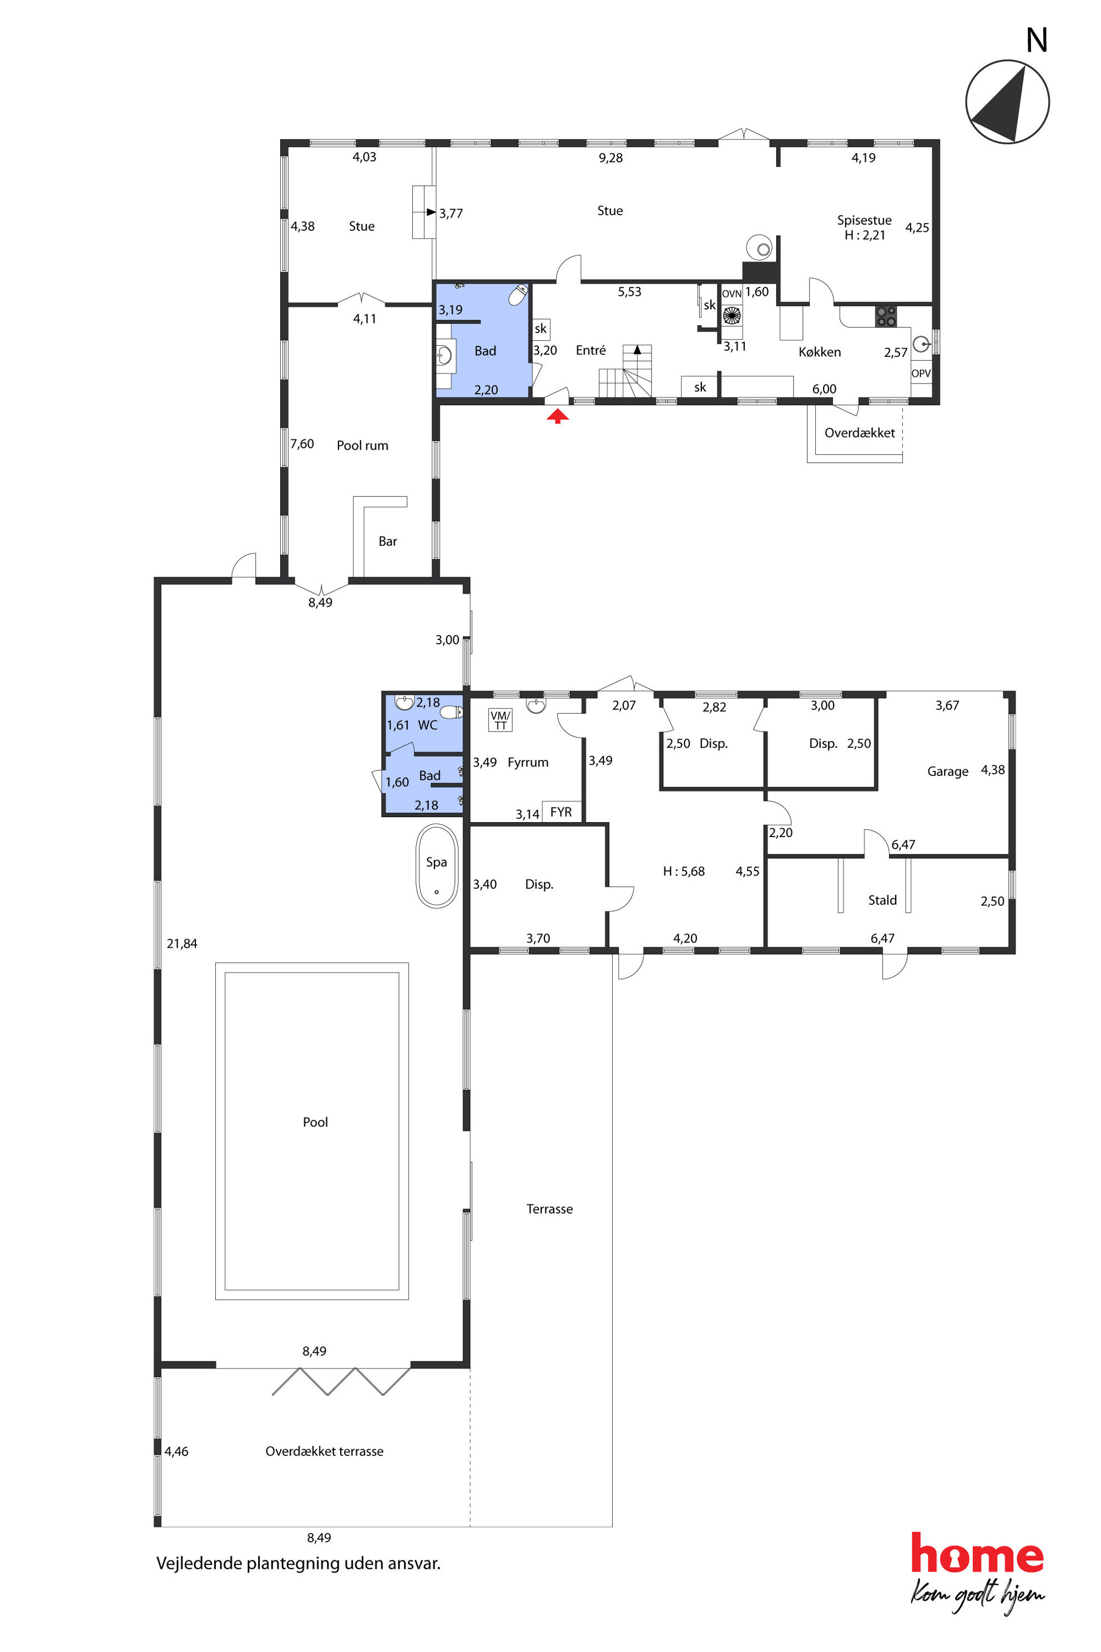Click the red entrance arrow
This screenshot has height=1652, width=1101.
(558, 416)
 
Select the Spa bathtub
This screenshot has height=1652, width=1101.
(437, 866)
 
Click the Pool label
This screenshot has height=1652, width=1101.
(315, 1122)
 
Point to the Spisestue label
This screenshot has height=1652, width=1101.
(865, 220)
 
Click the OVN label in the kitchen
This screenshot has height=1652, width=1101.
(731, 294)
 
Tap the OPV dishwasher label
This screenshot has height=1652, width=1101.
(921, 373)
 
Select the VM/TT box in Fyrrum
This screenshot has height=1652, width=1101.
(501, 720)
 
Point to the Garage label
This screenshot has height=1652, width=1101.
(947, 771)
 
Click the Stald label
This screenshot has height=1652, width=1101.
(882, 900)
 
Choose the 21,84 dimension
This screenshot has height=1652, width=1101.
(182, 943)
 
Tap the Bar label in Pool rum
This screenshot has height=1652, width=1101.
(387, 541)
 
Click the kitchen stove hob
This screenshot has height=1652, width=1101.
(886, 316)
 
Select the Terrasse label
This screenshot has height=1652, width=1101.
(550, 1209)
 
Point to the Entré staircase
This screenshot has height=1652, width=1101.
(625, 371)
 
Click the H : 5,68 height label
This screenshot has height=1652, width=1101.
(684, 871)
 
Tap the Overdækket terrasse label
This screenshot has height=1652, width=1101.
(325, 1451)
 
